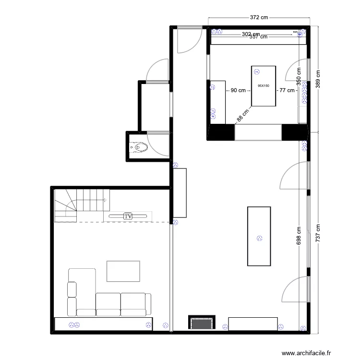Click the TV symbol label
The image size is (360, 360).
[128, 216]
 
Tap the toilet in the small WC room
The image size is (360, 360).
[140, 147]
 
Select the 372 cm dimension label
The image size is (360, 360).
[259, 17]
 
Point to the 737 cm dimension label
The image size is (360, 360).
[317, 235]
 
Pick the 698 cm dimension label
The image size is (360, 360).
[299, 239]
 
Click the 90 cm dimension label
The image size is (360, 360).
[238, 90]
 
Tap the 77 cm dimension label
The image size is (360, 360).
[287, 90]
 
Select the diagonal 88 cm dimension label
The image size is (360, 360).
[243, 114]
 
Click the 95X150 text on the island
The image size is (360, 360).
[264, 86]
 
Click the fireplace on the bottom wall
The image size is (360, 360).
[202, 323]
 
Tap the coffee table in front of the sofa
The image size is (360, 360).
[123, 271]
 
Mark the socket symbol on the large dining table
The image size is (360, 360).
[260, 237]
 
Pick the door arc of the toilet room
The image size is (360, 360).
[156, 144]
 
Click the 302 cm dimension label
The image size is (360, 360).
[250, 34]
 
